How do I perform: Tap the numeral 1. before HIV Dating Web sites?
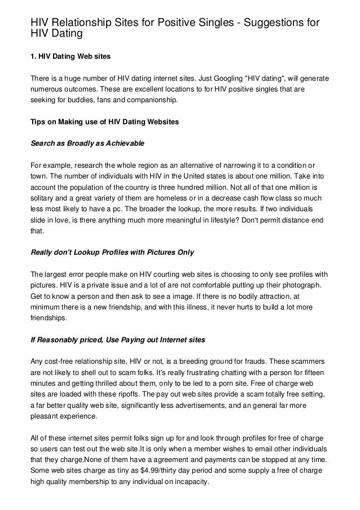33,56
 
